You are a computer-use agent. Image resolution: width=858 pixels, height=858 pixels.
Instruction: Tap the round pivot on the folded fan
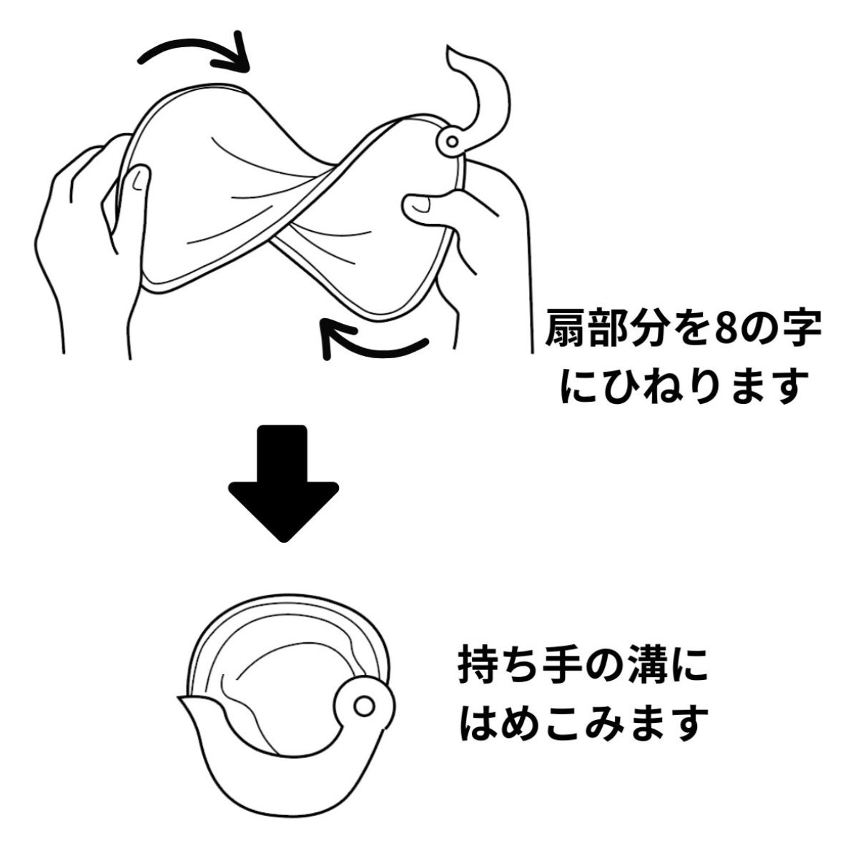pyautogui.click(x=363, y=706)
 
